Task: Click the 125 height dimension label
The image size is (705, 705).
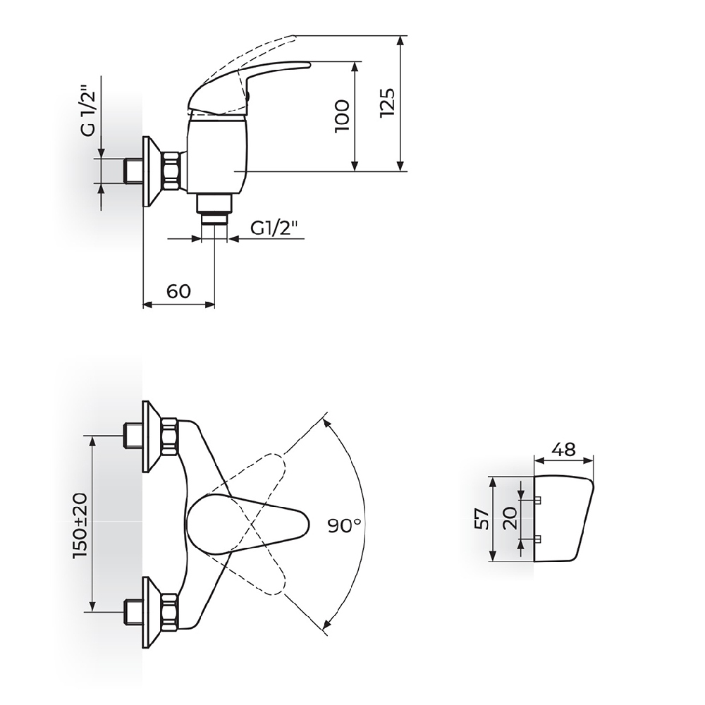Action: pos(387,103)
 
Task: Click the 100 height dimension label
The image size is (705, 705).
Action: pos(342,116)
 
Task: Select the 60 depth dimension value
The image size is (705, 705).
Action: pos(178,291)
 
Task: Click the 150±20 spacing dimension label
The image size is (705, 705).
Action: pos(80,526)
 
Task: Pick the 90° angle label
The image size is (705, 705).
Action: pos(344,525)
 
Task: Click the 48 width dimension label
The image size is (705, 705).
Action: pos(564,448)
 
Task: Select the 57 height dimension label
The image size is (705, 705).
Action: pos(482,519)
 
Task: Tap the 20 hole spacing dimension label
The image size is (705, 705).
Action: pos(510,518)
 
